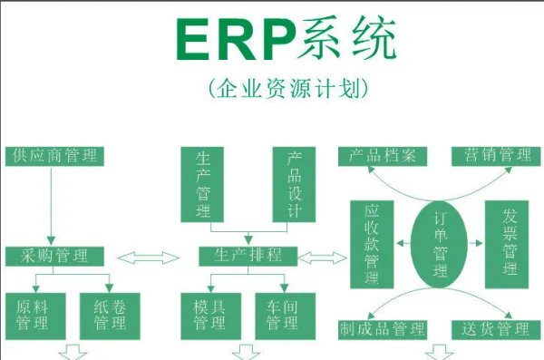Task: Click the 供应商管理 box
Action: click(54, 155)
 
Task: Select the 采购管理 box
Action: click(54, 257)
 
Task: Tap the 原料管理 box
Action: click(33, 313)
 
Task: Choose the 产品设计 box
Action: click(293, 184)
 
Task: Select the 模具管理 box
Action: click(209, 313)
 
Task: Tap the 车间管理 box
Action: click(283, 313)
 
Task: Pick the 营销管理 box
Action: click(494, 155)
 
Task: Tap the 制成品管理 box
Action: click(382, 328)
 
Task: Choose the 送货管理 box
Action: click(494, 328)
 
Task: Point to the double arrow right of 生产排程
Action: click(325, 257)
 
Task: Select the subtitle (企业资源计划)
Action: click(288, 88)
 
